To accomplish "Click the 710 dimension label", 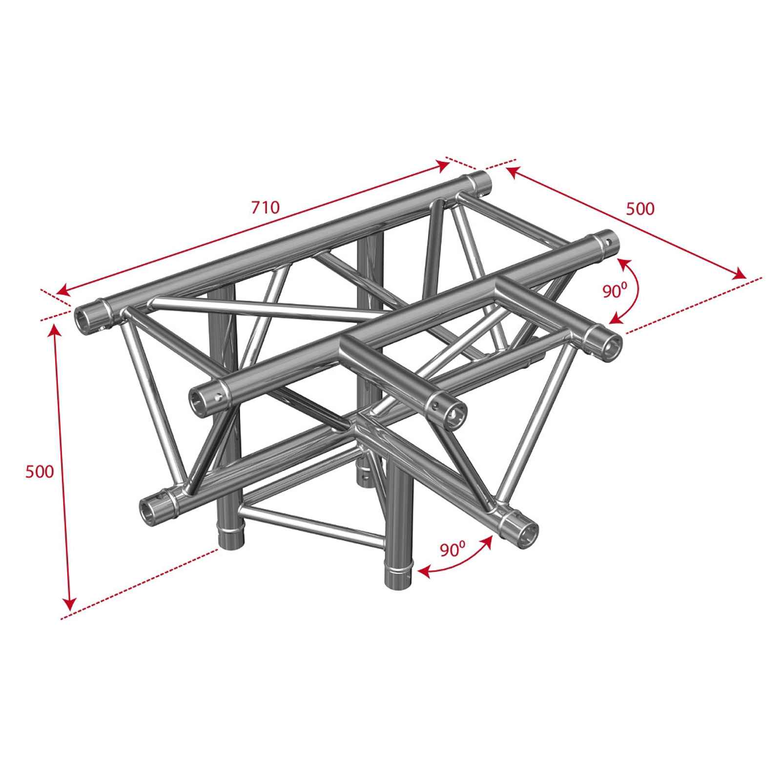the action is click(266, 207).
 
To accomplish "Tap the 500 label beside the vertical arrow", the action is click(40, 472).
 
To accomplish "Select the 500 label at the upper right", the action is click(640, 208).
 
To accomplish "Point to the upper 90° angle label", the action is click(614, 290).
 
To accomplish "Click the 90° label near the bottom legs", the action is click(452, 549).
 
